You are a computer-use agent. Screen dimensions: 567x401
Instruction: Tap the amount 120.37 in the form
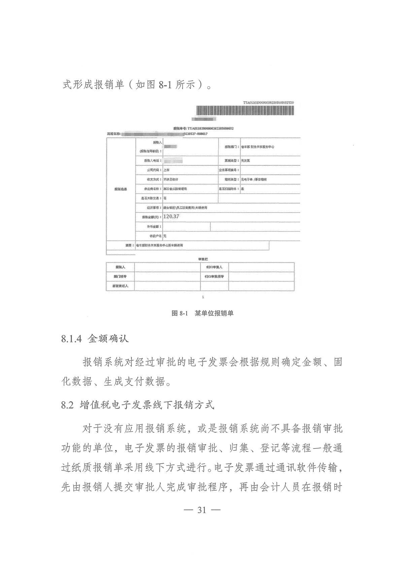[x=171, y=216]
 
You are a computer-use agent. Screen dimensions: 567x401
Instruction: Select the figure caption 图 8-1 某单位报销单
[x=202, y=313]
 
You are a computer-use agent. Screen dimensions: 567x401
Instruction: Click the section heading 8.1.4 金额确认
[x=95, y=339]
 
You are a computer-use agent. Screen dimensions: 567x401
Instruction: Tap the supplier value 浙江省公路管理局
[x=175, y=189]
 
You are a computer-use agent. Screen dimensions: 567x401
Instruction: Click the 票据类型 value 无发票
[x=245, y=161]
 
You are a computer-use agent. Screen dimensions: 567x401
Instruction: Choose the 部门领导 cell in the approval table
[x=120, y=276]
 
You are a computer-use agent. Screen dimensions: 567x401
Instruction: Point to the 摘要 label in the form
[x=129, y=245]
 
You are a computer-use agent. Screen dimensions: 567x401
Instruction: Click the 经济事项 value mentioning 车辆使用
[x=185, y=208]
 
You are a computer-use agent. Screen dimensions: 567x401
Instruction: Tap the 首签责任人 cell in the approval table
[x=120, y=286]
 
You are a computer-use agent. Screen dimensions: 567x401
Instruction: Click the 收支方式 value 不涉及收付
[x=171, y=179]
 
